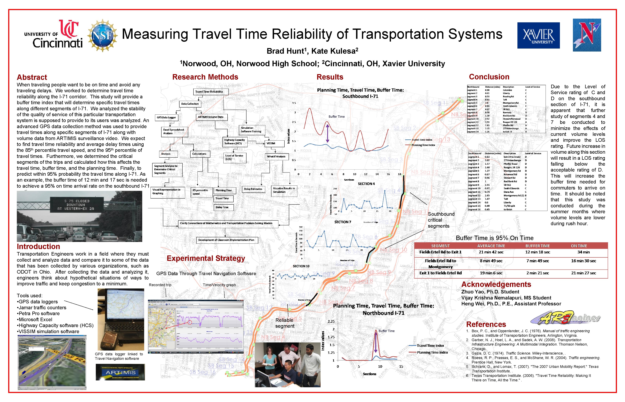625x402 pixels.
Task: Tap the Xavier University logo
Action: (538, 35)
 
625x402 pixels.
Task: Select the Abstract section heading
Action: (32, 77)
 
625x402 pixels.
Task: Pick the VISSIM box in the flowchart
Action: (271, 143)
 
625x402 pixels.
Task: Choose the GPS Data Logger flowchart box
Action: (166, 117)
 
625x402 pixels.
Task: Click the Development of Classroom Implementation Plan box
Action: (226, 240)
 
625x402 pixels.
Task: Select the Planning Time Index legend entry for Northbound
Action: (432, 352)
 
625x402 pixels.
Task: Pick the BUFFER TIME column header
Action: (537, 246)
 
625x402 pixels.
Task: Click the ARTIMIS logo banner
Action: (120, 373)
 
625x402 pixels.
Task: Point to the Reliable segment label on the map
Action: (285, 323)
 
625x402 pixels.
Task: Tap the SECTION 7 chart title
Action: (343, 222)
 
